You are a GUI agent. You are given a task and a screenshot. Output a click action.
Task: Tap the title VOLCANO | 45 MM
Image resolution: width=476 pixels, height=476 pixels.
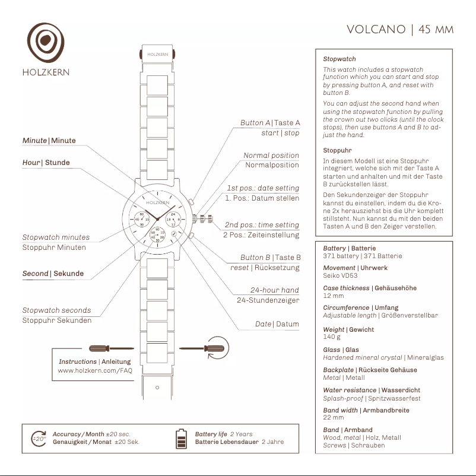(399, 30)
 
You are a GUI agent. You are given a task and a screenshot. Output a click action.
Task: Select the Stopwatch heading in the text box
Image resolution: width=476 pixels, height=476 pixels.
(339, 59)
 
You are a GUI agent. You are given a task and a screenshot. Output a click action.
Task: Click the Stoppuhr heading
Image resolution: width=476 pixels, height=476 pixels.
(337, 151)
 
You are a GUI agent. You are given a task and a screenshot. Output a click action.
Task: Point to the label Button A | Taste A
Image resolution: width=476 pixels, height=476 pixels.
(270, 123)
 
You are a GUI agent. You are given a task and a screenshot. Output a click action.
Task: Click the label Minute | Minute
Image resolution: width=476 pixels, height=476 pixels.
(49, 141)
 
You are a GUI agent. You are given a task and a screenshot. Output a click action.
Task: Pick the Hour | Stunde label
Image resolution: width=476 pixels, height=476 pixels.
(46, 163)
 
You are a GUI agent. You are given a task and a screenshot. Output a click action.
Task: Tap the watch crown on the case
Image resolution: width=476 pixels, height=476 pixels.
(206, 218)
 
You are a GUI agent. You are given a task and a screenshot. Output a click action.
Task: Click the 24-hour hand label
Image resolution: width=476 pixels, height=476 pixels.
(274, 290)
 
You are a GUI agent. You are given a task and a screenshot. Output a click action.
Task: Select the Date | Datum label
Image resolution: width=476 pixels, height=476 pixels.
(277, 324)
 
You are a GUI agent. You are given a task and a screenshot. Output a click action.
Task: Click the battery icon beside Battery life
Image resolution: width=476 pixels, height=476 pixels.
(181, 439)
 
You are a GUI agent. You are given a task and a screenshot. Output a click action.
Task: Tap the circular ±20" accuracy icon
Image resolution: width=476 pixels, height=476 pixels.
(39, 439)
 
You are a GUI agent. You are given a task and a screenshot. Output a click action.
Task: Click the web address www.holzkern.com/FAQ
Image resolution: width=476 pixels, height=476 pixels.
(95, 370)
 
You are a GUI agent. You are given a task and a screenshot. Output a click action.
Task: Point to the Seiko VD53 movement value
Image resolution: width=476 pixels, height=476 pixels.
(340, 275)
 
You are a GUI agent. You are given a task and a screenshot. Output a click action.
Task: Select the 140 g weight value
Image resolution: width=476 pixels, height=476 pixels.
(332, 337)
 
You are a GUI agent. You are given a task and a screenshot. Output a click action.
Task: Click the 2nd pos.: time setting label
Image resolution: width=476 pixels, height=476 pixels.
(262, 225)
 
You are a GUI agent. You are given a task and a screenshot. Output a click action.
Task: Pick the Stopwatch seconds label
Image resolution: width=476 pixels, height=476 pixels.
(56, 310)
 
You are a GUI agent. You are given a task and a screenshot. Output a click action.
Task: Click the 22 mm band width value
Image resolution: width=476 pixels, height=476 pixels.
(334, 417)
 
